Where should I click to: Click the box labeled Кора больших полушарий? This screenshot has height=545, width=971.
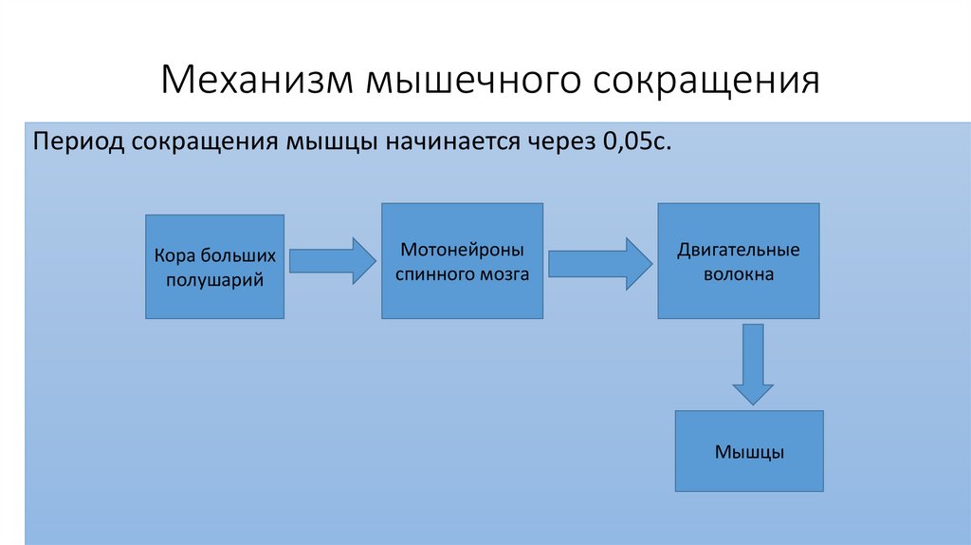click(214, 267)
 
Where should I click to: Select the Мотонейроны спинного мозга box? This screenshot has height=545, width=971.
click(462, 260)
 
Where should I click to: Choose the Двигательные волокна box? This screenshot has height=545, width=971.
click(738, 261)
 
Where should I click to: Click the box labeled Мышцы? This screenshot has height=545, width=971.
click(748, 450)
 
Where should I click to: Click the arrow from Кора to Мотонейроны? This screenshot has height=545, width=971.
click(333, 260)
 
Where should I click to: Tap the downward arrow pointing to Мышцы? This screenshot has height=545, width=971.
click(753, 364)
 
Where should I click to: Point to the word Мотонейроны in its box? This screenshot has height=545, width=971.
click(462, 251)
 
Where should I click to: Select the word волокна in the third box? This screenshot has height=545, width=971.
click(739, 274)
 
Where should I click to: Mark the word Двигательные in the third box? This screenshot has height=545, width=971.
click(739, 251)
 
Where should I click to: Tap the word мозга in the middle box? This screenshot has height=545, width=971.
click(504, 273)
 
